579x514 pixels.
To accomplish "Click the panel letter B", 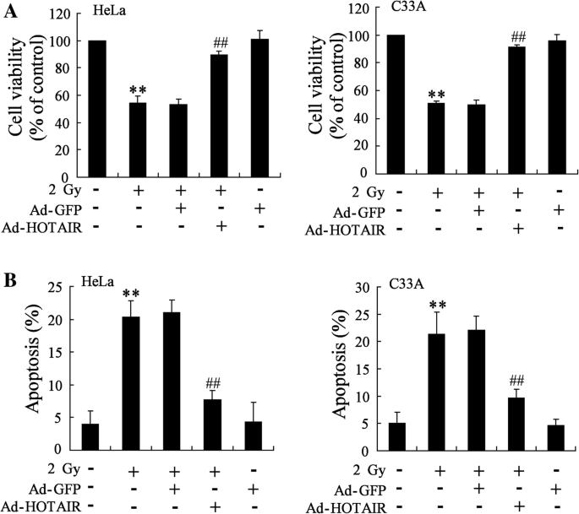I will [x=8, y=276].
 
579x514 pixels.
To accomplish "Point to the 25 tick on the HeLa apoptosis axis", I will [x=62, y=288].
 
